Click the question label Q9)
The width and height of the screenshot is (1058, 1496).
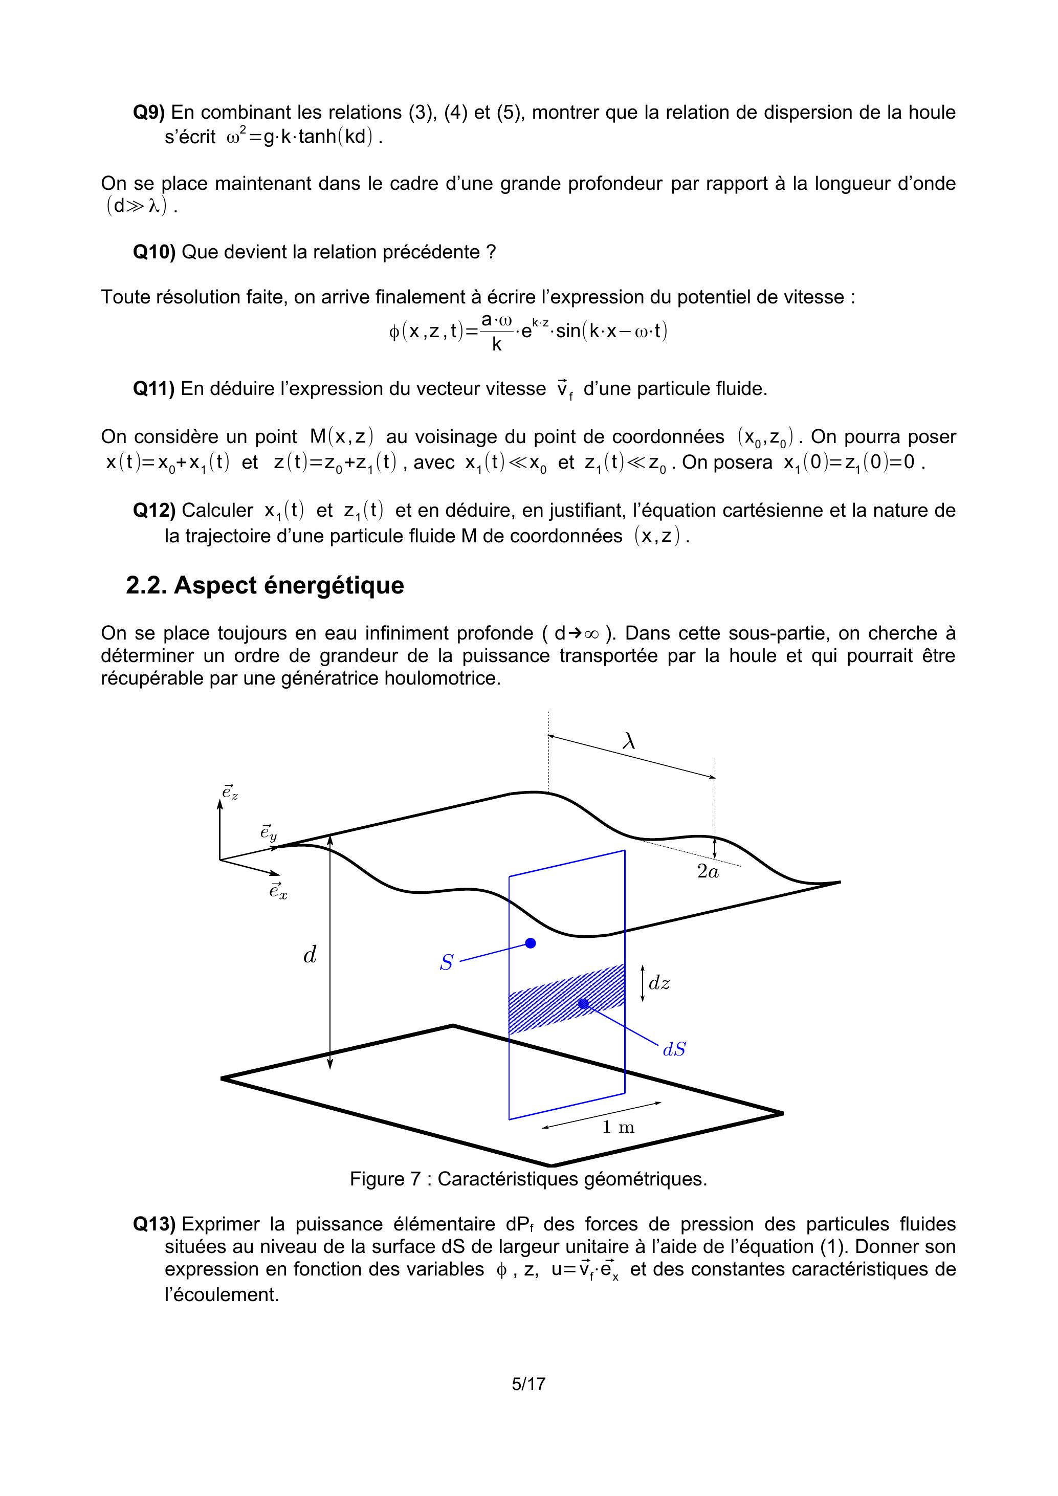149,113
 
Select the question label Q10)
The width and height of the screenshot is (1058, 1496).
154,252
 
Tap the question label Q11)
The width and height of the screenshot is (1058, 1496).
154,389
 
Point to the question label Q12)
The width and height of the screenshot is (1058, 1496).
154,510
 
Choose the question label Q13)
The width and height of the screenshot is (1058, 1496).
154,1224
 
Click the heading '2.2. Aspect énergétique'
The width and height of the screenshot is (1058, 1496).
264,585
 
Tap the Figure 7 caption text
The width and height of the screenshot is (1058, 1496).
528,1179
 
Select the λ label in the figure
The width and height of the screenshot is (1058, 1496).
629,741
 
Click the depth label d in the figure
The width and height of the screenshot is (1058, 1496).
310,955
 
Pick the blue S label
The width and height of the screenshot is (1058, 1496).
446,962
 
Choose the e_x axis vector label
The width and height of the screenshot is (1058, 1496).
278,891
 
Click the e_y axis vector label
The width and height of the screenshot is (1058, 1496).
268,833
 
